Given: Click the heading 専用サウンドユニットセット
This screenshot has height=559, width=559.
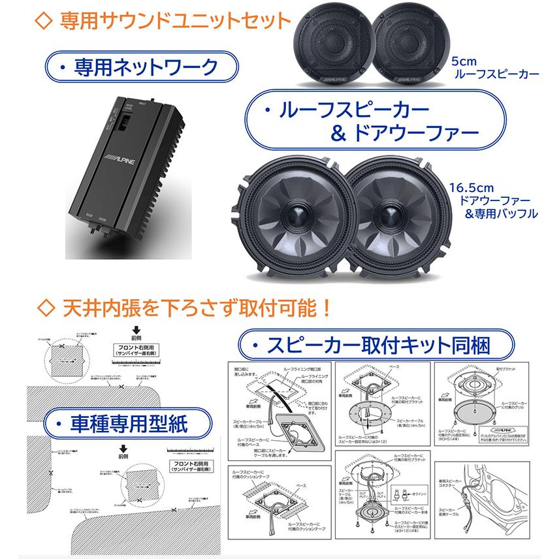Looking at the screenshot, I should point(174,20).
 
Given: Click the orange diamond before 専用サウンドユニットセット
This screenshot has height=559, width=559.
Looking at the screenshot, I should point(44,20).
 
